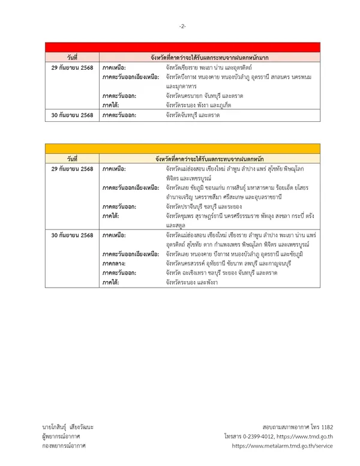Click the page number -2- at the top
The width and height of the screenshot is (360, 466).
click(182, 26)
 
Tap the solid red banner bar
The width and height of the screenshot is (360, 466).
click(182, 47)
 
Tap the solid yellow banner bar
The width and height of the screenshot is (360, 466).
click(182, 148)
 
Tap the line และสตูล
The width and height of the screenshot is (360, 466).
click(176, 225)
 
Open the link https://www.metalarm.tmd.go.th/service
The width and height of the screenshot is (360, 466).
click(283, 446)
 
